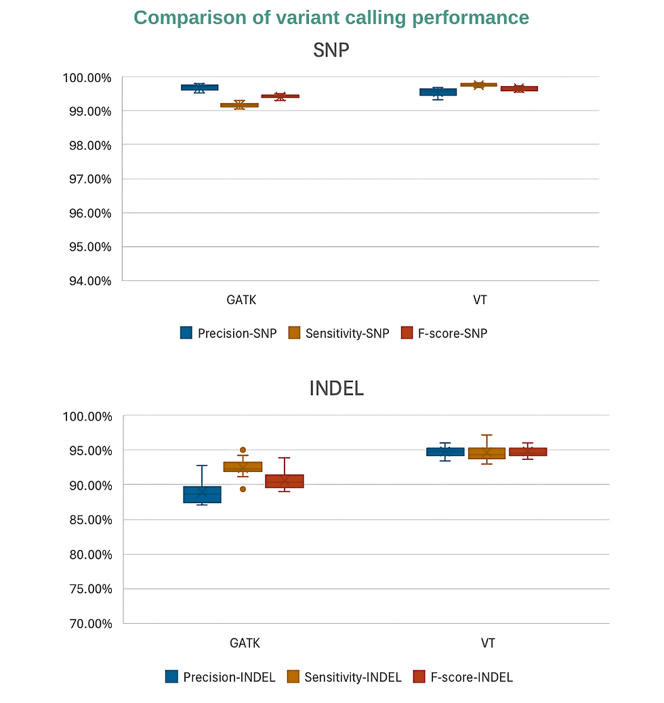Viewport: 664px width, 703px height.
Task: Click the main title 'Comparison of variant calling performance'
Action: pyautogui.click(x=331, y=18)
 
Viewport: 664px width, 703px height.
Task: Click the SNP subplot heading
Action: pyautogui.click(x=331, y=50)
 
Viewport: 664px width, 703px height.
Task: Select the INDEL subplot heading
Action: pyautogui.click(x=336, y=388)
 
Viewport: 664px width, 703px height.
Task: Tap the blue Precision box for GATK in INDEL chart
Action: pyautogui.click(x=202, y=494)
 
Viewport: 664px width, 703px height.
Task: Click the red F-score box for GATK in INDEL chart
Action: pyautogui.click(x=284, y=481)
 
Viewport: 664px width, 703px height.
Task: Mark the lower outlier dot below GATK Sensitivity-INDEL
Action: pyautogui.click(x=243, y=489)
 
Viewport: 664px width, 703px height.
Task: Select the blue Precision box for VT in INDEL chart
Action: pyautogui.click(x=445, y=452)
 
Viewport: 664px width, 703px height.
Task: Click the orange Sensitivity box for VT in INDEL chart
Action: pyautogui.click(x=486, y=453)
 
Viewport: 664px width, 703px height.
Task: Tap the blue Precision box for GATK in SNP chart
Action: pyautogui.click(x=199, y=87)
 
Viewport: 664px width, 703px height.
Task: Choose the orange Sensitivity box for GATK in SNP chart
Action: pyautogui.click(x=239, y=105)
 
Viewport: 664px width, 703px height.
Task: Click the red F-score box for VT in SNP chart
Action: pyautogui.click(x=519, y=89)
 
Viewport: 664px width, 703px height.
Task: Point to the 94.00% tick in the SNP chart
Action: pyautogui.click(x=87, y=280)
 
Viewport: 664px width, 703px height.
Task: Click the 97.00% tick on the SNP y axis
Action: pyautogui.click(x=87, y=179)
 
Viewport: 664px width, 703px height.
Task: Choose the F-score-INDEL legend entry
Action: pyautogui.click(x=463, y=677)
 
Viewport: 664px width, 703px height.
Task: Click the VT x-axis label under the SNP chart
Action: pyautogui.click(x=480, y=299)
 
